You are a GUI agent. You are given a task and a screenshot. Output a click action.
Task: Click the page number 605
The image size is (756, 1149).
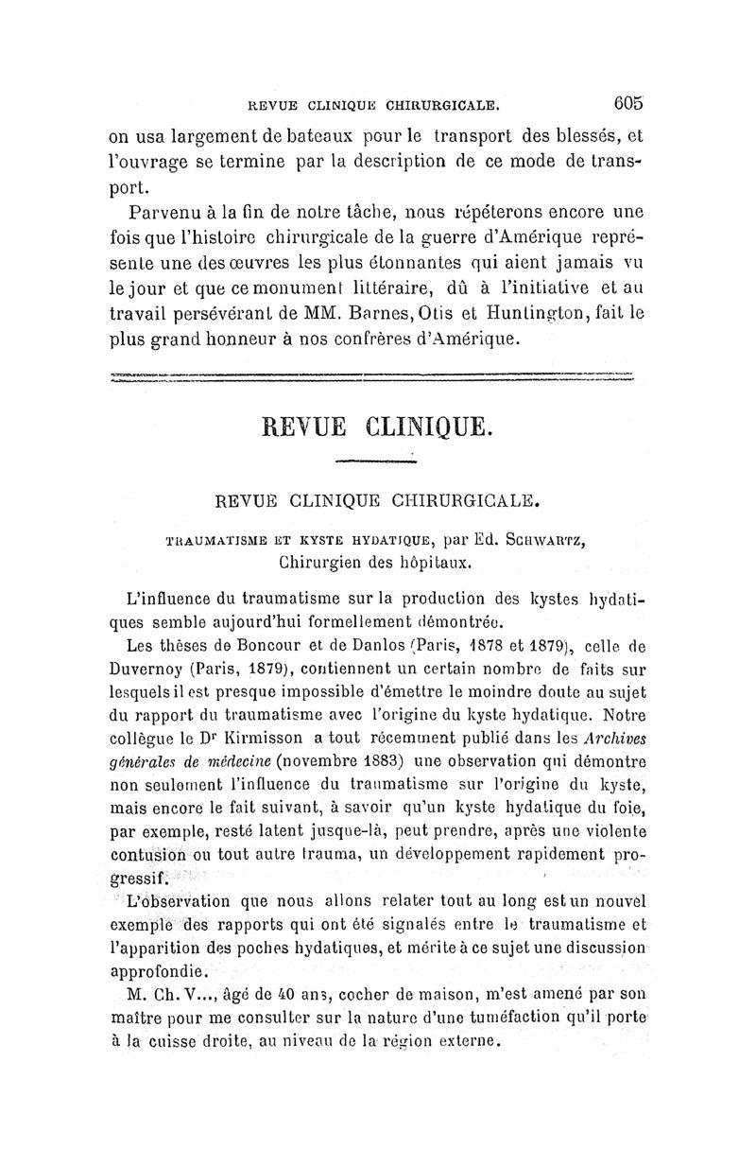[x=627, y=102]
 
